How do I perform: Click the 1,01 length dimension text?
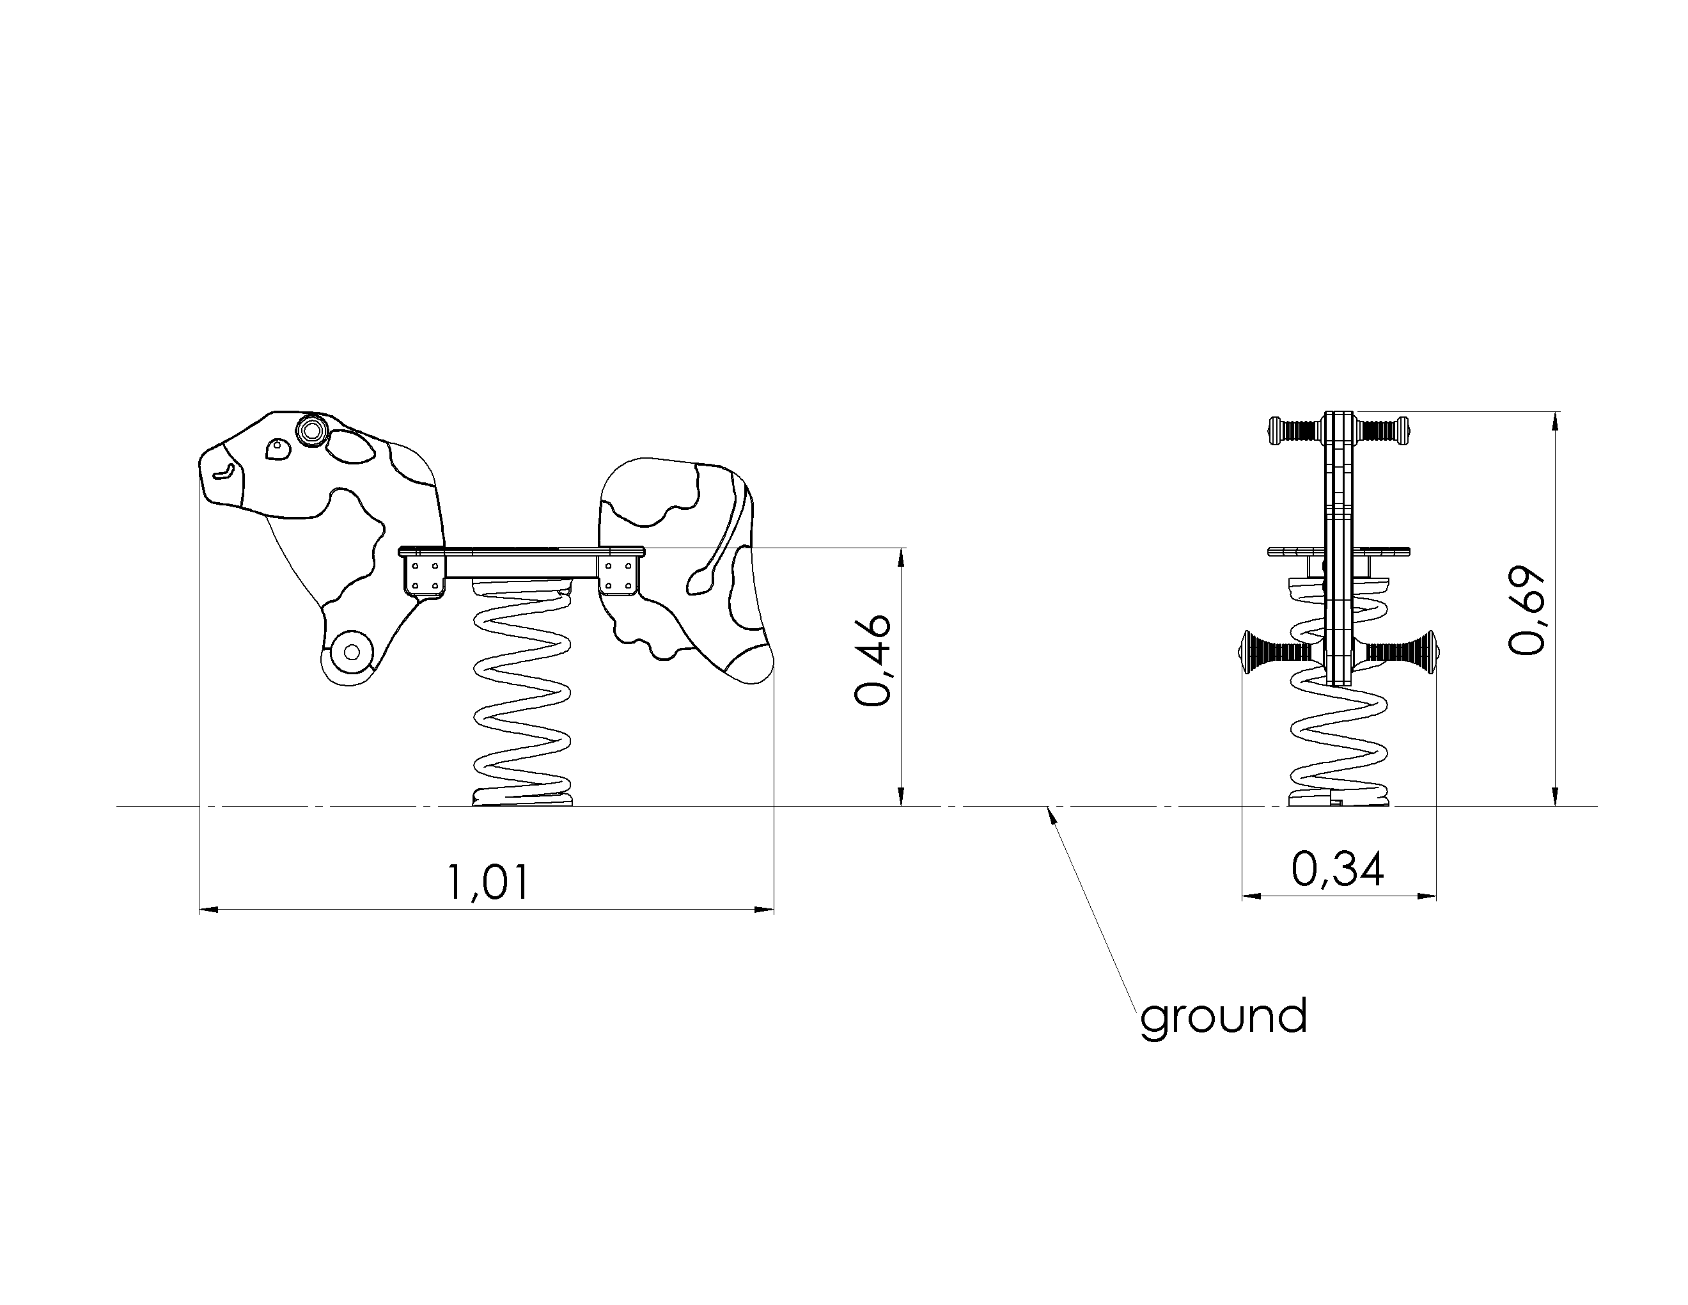click(x=488, y=882)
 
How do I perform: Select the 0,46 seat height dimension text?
click(x=873, y=661)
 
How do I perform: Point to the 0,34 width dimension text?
click(x=1338, y=869)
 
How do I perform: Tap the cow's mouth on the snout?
click(x=223, y=472)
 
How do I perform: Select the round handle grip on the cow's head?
click(x=312, y=429)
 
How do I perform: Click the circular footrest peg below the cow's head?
click(x=352, y=652)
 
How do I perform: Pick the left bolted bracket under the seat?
click(x=425, y=576)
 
